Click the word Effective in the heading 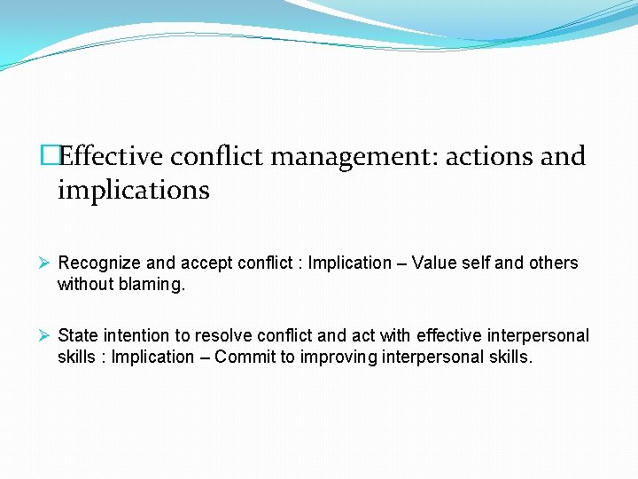point(112,156)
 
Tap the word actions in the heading point(488,156)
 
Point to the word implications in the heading point(133,190)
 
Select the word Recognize point(99,263)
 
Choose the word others point(552,263)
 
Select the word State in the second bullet point(78,335)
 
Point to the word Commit point(245,357)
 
